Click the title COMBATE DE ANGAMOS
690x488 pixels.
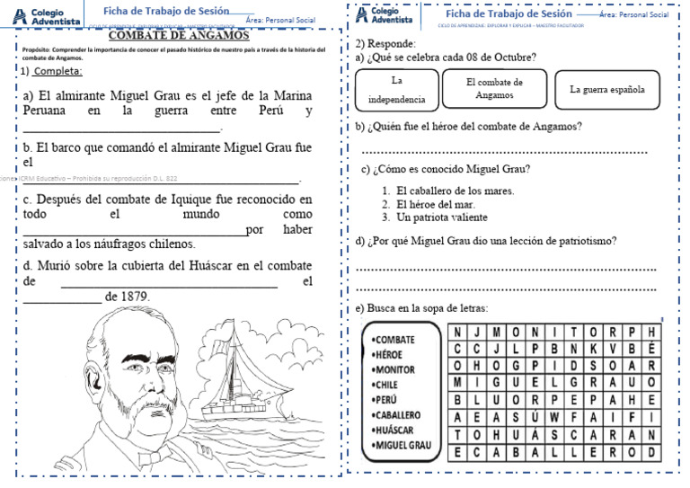pyautogui.click(x=179, y=35)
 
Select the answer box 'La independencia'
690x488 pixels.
pyautogui.click(x=396, y=89)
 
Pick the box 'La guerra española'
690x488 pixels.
pyautogui.click(x=607, y=89)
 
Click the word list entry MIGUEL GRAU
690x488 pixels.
pyautogui.click(x=400, y=445)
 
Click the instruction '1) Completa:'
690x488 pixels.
pyautogui.click(x=51, y=71)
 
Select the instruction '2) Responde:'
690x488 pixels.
pyautogui.click(x=385, y=43)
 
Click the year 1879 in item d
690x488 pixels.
pyautogui.click(x=128, y=297)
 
